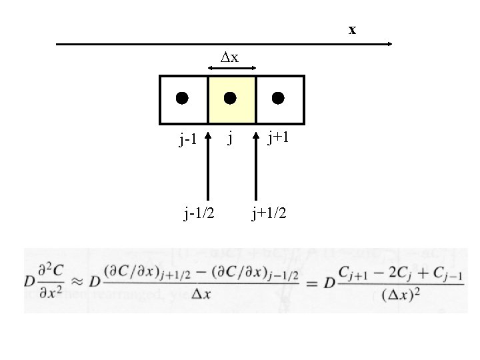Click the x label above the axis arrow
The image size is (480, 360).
(352, 30)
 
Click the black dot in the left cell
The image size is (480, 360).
(182, 98)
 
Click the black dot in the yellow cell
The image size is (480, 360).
(230, 98)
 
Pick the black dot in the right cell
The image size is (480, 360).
(278, 98)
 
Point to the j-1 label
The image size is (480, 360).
(187, 140)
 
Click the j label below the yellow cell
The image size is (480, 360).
(230, 139)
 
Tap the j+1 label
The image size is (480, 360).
(277, 138)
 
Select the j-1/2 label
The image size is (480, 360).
(199, 213)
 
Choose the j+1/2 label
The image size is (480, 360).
(269, 213)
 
